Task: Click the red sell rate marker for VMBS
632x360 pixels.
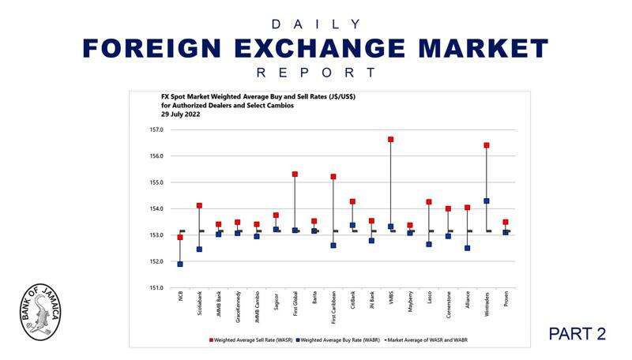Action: [x=390, y=140]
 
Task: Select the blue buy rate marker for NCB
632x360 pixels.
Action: [x=180, y=264]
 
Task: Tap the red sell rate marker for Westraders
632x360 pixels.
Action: [x=487, y=145]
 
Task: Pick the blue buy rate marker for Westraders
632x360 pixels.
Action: [x=487, y=201]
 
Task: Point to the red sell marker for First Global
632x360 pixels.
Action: [x=295, y=174]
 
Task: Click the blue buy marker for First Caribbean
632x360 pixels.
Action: [x=333, y=246]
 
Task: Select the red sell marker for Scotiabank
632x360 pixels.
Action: [x=199, y=205]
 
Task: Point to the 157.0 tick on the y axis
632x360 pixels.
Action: [x=156, y=129]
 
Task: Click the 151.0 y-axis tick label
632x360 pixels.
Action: [x=156, y=288]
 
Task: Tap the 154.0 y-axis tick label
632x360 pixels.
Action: [x=156, y=208]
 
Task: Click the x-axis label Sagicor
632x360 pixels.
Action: [x=276, y=302]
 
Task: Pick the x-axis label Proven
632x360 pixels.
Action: [x=506, y=301]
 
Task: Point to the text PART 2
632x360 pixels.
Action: [x=577, y=334]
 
